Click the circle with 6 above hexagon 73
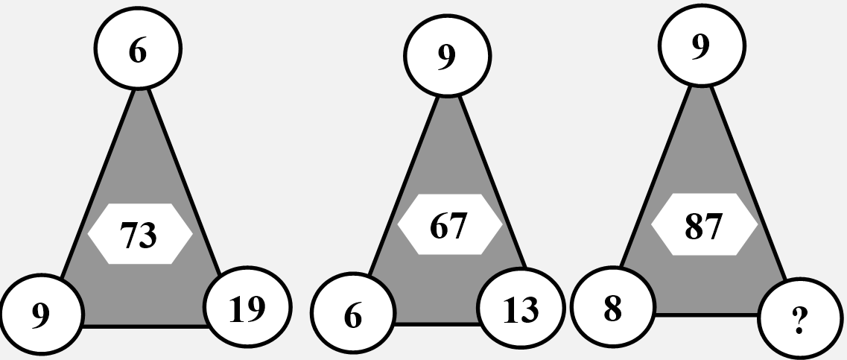click(138, 48)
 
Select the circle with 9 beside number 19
click(42, 315)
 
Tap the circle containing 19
click(247, 307)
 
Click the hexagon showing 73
click(140, 233)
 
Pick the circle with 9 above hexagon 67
click(447, 56)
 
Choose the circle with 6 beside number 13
click(353, 313)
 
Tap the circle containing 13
click(521, 308)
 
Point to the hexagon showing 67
click(450, 224)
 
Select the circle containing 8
click(613, 306)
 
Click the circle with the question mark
click(800, 318)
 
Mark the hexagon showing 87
click(705, 224)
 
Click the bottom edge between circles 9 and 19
click(145, 326)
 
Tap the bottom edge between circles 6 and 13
click(437, 323)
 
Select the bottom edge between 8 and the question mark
click(707, 314)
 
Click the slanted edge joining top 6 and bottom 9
click(97, 184)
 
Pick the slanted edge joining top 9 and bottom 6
click(404, 186)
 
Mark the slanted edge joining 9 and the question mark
click(749, 182)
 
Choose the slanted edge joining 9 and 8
click(656, 176)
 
